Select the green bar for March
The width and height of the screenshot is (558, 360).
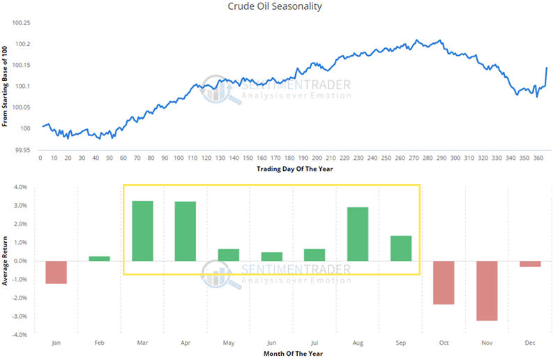pos(142,231)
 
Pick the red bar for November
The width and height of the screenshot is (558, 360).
pos(488,290)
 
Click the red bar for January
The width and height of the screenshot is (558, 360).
pos(56,272)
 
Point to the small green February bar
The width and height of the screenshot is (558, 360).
pos(100,258)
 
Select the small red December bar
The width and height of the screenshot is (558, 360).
pos(531,264)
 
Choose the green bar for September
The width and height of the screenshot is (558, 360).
pos(401,248)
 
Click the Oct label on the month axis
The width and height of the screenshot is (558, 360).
pos(444,343)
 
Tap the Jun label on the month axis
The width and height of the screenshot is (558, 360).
pos(272,343)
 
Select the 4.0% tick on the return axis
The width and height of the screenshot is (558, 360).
pos(20,187)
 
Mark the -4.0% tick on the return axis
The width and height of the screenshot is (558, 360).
pos(19,335)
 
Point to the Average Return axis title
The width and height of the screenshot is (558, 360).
pos(6,260)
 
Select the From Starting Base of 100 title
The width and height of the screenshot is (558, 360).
pos(6,86)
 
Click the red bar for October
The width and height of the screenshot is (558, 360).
pos(444,283)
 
